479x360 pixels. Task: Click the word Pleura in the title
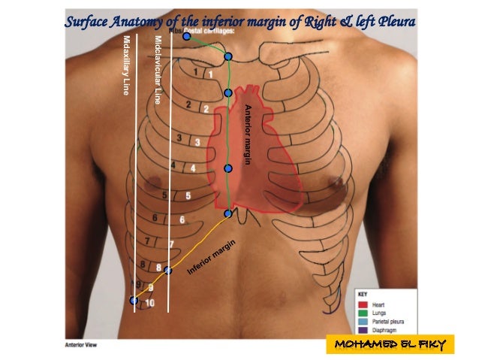click(390, 22)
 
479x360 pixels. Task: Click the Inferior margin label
click(212, 256)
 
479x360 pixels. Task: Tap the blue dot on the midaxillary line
click(134, 301)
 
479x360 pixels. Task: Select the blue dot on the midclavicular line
click(169, 271)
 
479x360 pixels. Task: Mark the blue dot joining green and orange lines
click(228, 213)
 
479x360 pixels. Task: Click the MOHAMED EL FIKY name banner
click(390, 345)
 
